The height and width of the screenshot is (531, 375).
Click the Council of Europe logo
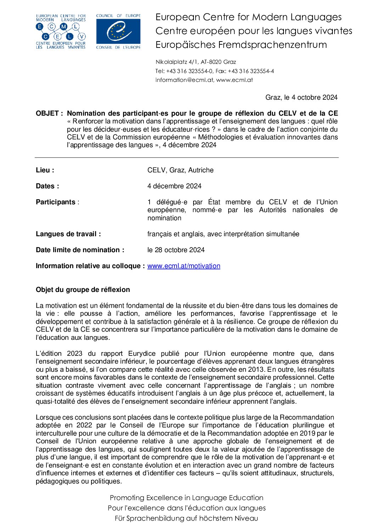(118, 32)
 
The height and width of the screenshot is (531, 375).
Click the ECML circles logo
(61, 32)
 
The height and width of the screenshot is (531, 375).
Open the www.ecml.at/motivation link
(184, 266)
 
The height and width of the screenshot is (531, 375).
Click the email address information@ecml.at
(184, 80)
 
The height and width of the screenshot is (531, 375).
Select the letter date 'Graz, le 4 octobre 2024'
(301, 98)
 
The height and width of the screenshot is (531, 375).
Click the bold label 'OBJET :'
(49, 114)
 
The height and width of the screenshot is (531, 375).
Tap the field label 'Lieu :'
(45, 170)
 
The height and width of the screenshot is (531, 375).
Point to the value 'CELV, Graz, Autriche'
(180, 170)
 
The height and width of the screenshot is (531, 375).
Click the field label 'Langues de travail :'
(68, 234)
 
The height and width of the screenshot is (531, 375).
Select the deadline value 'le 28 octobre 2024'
(176, 250)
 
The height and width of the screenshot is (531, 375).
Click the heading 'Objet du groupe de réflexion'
(83, 290)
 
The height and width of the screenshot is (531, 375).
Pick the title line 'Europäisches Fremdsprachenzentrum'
(241, 45)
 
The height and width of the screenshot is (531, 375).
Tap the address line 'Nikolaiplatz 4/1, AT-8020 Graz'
(196, 62)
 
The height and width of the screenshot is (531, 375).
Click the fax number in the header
(251, 71)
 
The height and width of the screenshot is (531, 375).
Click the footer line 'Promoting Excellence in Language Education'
(186, 498)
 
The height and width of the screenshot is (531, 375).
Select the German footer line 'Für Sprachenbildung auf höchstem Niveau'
(186, 518)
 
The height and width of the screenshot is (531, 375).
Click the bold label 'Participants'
(56, 202)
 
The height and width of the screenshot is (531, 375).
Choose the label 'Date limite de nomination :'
(80, 250)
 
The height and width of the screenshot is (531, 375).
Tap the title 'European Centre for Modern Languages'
(248, 17)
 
